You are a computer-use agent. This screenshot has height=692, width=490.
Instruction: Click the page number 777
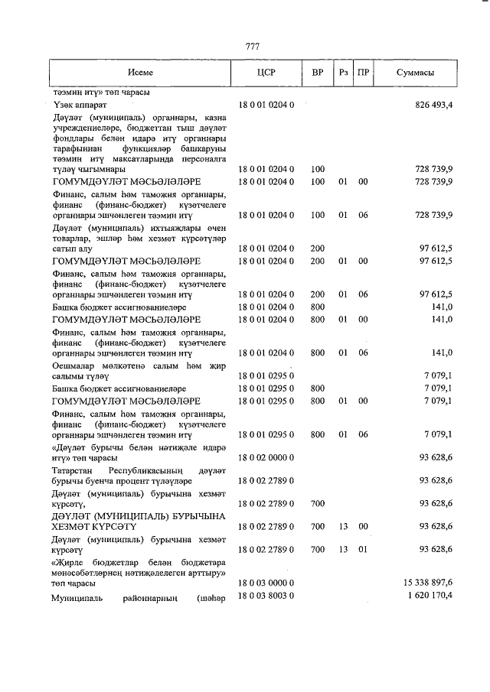coord(252,47)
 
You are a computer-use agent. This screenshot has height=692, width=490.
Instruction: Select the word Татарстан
coord(74,469)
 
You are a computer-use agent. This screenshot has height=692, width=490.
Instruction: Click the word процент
coord(142,480)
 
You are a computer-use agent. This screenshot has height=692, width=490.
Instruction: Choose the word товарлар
coord(73,238)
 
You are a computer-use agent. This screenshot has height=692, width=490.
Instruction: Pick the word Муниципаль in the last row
coord(79,596)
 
